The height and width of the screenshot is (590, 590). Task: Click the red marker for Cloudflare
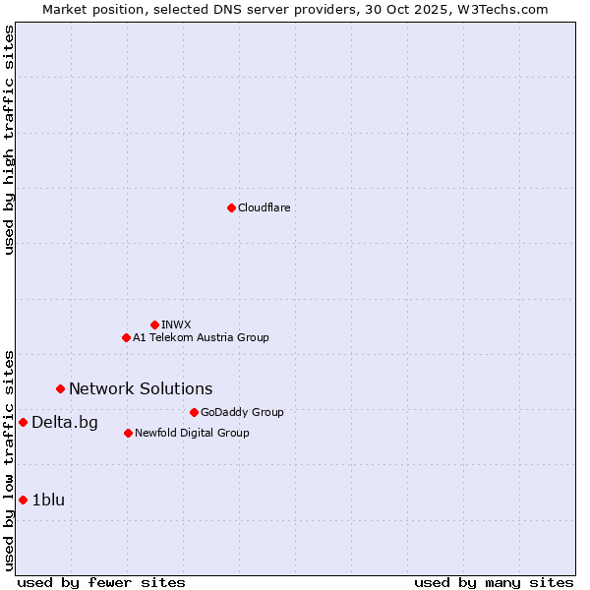[x=231, y=207]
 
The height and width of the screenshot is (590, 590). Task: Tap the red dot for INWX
[x=154, y=324]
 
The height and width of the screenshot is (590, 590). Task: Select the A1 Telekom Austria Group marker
[x=126, y=337]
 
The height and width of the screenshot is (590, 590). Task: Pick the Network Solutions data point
[x=60, y=388]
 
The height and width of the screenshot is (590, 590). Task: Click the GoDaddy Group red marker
[x=194, y=412]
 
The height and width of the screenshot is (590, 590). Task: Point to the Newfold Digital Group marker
[x=128, y=433]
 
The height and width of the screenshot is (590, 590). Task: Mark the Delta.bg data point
[x=23, y=422]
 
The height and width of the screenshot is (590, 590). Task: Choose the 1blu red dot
[x=23, y=500]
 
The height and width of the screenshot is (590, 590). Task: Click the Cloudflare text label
[x=265, y=207]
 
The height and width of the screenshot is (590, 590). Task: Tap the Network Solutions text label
[x=141, y=388]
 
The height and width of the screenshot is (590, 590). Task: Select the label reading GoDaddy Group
[x=242, y=412]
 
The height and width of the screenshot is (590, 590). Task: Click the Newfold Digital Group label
[x=192, y=433]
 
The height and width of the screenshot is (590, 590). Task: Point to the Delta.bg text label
[x=65, y=423]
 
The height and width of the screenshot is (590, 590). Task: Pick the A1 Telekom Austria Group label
[x=201, y=337]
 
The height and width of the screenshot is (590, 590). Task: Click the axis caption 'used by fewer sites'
[x=101, y=582]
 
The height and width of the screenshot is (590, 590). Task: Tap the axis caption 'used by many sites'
[x=494, y=582]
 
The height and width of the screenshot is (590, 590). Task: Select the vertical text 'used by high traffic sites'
[x=9, y=140]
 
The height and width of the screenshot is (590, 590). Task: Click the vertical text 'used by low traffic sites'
[x=9, y=459]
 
